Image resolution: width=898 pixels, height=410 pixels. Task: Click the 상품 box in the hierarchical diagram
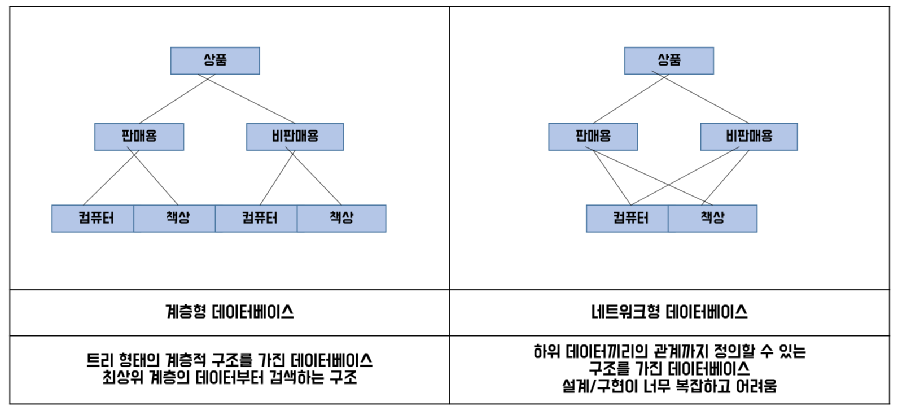[215, 60]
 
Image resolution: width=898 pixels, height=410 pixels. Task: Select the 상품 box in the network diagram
[669, 60]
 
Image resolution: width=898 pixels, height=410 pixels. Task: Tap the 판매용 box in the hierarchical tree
[139, 137]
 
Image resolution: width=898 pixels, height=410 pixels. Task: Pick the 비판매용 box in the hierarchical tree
[295, 137]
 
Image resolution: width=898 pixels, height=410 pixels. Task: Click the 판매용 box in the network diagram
[593, 137]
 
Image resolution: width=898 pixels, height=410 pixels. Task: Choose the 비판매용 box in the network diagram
[748, 137]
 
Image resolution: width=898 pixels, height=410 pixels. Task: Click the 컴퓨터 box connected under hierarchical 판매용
[93, 218]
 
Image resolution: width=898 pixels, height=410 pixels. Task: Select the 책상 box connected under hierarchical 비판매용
[341, 218]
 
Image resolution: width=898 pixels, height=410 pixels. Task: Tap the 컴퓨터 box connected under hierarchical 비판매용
[257, 218]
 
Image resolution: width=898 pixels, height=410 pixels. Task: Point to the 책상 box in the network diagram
[712, 218]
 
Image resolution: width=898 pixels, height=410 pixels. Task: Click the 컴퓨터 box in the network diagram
[628, 218]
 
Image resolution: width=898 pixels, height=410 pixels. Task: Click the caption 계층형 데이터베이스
[230, 312]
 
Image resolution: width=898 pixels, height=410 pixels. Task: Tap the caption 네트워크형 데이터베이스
[669, 312]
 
